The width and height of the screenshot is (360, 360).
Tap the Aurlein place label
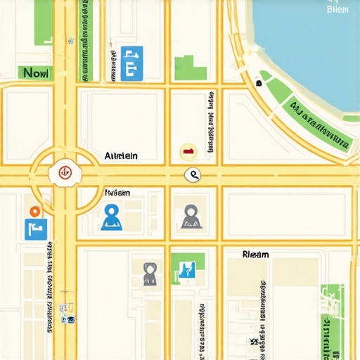coord(121,155)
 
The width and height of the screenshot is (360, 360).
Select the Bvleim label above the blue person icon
coord(117,192)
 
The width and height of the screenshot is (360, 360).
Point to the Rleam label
coord(255,254)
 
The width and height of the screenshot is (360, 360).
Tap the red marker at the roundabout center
coord(65,171)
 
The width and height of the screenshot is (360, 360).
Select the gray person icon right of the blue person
coord(191,217)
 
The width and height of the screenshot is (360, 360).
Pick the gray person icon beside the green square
coord(150,274)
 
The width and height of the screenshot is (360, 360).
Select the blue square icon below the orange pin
coord(36,229)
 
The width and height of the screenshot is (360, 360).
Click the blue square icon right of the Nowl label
coord(131,63)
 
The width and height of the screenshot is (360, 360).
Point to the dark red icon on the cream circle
coord(188,150)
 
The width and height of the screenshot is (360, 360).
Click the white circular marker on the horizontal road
coord(192,175)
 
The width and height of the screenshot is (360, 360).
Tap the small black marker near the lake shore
coord(259,83)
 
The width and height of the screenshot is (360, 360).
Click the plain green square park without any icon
coord(191,67)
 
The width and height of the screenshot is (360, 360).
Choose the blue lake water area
coord(309,42)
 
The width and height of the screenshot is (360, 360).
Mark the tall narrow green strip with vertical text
coord(86,39)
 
